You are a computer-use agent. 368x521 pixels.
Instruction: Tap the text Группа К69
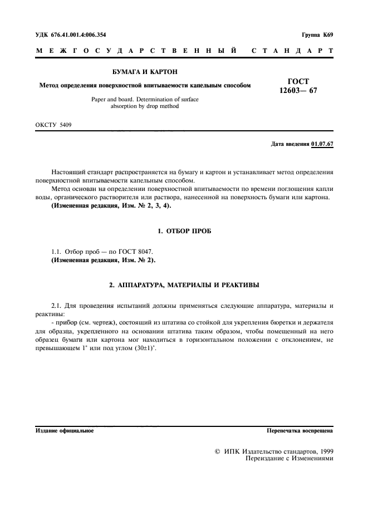pyautogui.click(x=317, y=35)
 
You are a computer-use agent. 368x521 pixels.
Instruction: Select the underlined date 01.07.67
pyautogui.click(x=322, y=144)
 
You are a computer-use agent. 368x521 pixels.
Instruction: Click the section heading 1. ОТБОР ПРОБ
pyautogui.click(x=184, y=230)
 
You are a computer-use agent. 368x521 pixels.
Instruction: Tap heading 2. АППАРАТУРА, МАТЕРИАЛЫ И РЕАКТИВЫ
pyautogui.click(x=184, y=285)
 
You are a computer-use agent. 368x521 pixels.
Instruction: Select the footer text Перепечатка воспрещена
pyautogui.click(x=300, y=431)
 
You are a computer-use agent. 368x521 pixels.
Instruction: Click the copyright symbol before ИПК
pyautogui.click(x=217, y=451)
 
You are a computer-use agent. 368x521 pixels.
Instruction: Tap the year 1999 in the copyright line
pyautogui.click(x=325, y=451)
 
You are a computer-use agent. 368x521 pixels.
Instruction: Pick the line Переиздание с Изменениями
pyautogui.click(x=285, y=459)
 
